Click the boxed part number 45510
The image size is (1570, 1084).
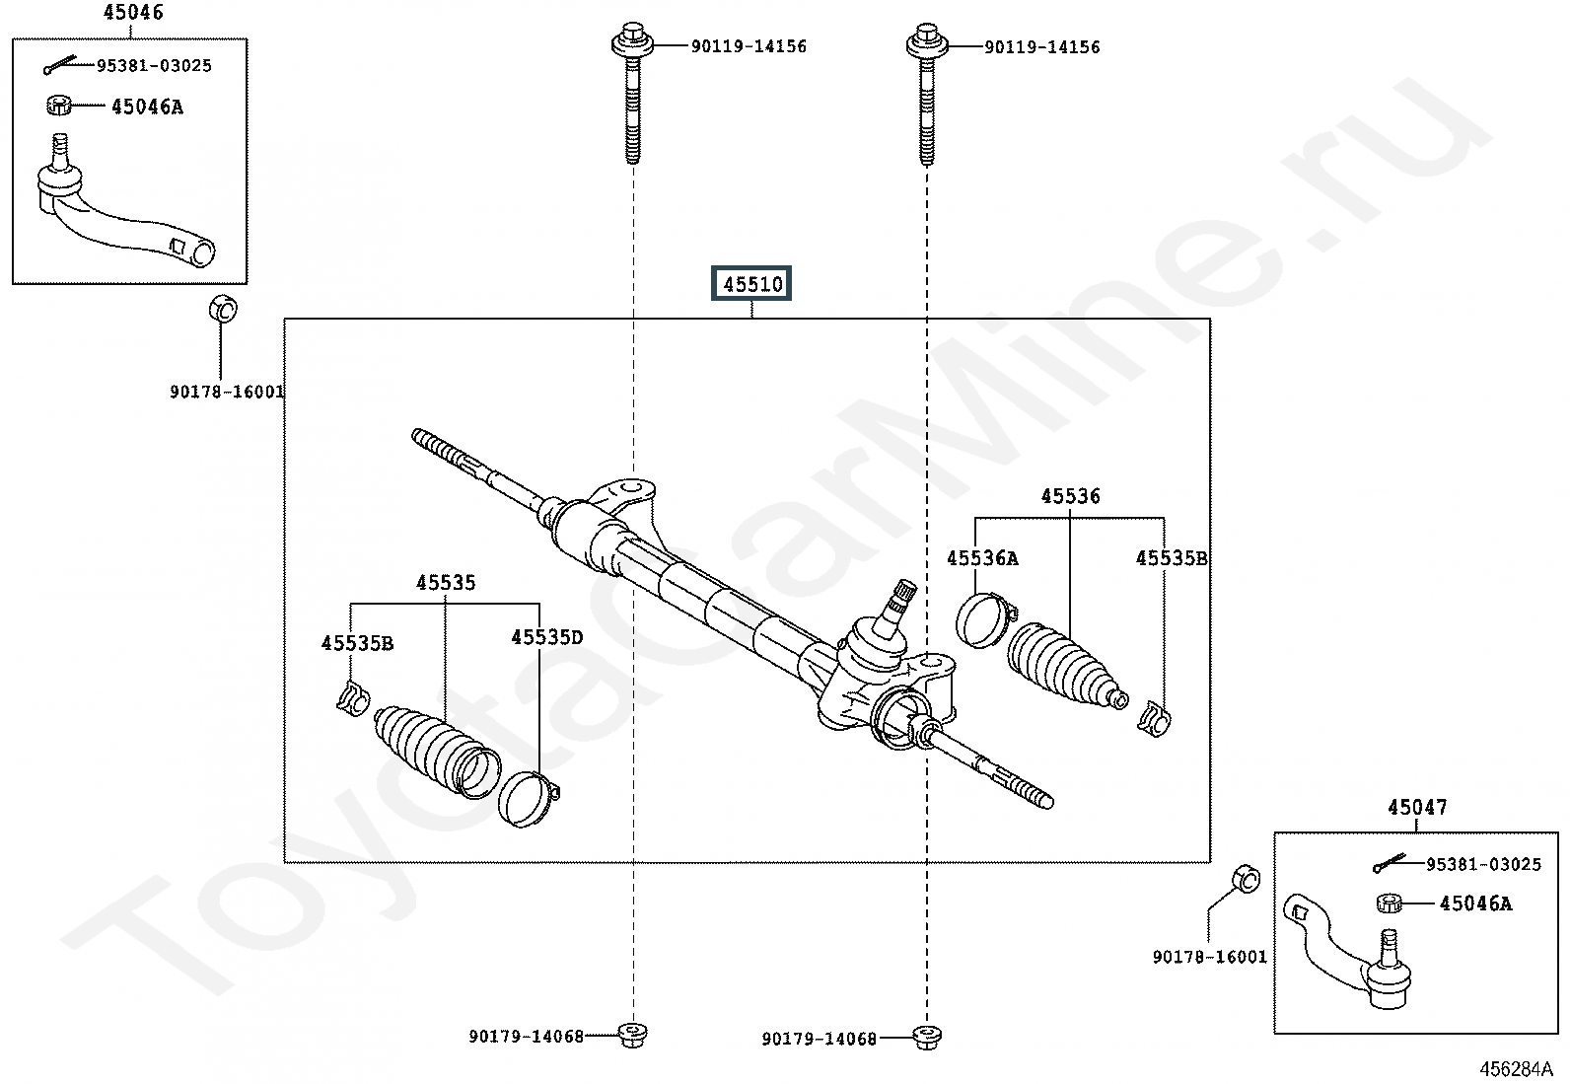coord(752,285)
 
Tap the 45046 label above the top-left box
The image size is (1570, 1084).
coord(133,13)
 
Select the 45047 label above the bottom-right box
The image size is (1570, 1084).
coord(1417,808)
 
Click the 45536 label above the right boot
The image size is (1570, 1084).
coord(1070,496)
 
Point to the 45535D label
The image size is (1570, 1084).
coord(546,637)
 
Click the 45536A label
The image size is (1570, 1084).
coord(982,558)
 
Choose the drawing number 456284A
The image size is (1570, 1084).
coord(1515,1069)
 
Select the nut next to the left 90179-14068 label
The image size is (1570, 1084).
coord(631,1035)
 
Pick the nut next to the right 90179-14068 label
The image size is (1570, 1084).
coord(925,1037)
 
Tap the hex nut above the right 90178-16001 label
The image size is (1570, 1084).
coord(1246,877)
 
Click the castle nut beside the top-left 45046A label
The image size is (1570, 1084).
coord(59,104)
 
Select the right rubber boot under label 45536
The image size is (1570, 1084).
coord(1063,664)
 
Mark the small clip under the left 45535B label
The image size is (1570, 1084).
coord(352,696)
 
